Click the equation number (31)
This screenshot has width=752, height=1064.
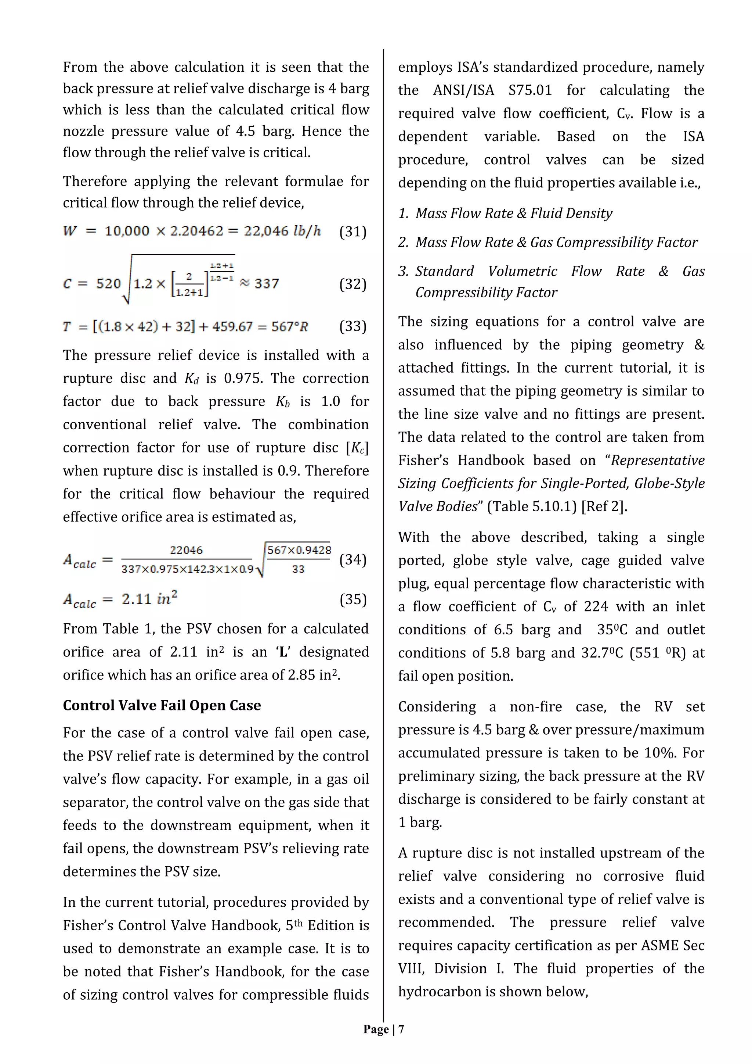(x=353, y=232)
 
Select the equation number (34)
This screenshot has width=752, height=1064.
(x=353, y=560)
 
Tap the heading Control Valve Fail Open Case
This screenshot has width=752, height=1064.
(x=162, y=705)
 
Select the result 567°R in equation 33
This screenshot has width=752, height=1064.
(x=290, y=327)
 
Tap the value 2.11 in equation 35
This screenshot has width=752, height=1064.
(x=137, y=600)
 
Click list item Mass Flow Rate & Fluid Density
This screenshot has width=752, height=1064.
(x=514, y=213)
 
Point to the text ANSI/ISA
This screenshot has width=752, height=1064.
(x=463, y=90)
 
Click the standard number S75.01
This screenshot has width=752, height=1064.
(x=530, y=90)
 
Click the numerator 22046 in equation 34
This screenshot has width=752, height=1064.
(x=186, y=550)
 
